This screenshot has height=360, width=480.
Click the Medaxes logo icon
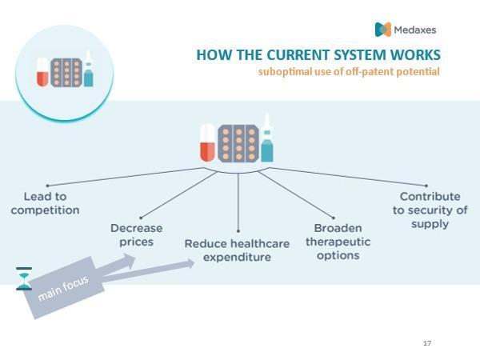coord(383,30)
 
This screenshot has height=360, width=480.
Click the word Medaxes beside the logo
coord(414,30)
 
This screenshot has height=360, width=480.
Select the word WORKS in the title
coord(415,55)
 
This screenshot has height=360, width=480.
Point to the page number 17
coord(427,343)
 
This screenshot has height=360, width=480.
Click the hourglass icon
coord(24,278)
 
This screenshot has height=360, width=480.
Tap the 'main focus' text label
coord(63,288)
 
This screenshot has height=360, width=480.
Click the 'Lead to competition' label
coord(45,203)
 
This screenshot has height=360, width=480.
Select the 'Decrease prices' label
coord(137,234)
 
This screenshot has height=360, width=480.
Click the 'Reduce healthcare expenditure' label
coord(237,250)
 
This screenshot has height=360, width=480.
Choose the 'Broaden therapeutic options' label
coord(338,242)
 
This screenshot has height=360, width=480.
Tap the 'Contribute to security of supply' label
coord(430,210)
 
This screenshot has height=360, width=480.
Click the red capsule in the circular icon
coord(42,72)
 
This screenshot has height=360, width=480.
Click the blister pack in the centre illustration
coord(238,143)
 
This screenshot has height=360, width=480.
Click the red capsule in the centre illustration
coord(207,142)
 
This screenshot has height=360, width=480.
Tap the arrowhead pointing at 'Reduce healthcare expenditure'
coord(189,264)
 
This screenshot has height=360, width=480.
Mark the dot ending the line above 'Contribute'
coord(426,186)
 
